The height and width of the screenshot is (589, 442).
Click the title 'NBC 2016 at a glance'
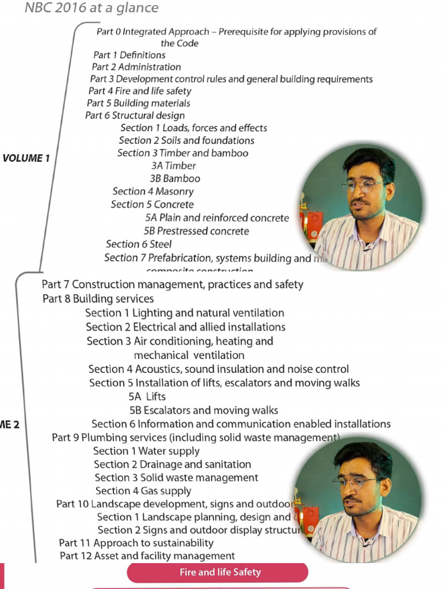pos(91,9)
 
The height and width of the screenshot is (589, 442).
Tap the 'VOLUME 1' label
pos(26,158)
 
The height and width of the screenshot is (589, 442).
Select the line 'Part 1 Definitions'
pos(129,55)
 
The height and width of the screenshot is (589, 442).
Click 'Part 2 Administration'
pos(136,67)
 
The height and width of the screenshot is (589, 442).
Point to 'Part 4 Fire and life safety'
pos(140,91)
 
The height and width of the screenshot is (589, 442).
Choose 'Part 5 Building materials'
pos(138,104)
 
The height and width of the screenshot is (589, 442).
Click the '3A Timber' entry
pos(173,166)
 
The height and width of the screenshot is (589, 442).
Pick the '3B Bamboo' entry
pos(175,178)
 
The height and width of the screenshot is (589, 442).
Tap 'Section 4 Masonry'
pos(153,192)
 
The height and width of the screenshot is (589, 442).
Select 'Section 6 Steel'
pos(139,244)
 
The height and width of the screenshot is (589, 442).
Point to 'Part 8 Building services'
pos(98,299)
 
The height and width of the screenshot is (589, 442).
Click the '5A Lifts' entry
pos(147,396)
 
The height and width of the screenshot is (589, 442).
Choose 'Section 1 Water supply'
pos(146,451)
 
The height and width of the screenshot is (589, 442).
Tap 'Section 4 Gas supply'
pos(143,491)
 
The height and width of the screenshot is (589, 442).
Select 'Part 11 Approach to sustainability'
pos(136,543)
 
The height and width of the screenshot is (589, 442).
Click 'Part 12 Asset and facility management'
pos(147,556)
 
